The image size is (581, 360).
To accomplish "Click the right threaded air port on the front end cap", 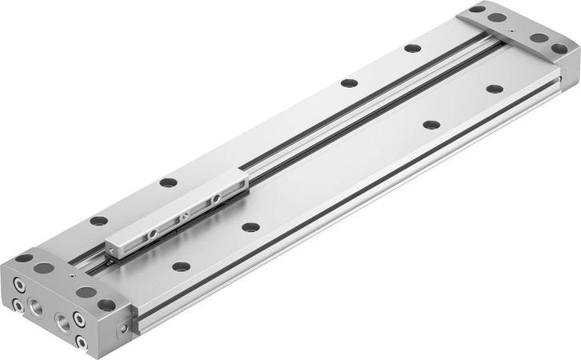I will [62, 324].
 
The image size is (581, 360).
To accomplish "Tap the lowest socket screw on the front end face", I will [81, 342].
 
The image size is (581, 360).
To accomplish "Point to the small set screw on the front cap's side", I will [123, 328].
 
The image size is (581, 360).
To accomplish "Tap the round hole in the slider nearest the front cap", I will [152, 236].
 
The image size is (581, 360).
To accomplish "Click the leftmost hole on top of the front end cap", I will [25, 258].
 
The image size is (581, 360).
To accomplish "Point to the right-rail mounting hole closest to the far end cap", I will [495, 89].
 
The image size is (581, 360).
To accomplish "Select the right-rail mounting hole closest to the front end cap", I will [181, 266].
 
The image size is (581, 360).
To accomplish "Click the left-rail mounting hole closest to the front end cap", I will [98, 220].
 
